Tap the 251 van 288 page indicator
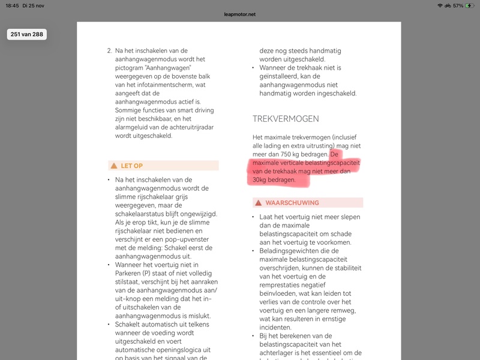click(x=26, y=34)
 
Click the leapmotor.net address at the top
click(x=240, y=14)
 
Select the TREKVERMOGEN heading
click(x=286, y=119)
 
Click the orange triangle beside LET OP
click(x=113, y=166)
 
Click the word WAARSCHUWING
click(x=292, y=203)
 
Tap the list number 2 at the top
click(x=109, y=50)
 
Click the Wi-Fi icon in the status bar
click(x=440, y=5)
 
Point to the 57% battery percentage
click(x=458, y=5)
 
